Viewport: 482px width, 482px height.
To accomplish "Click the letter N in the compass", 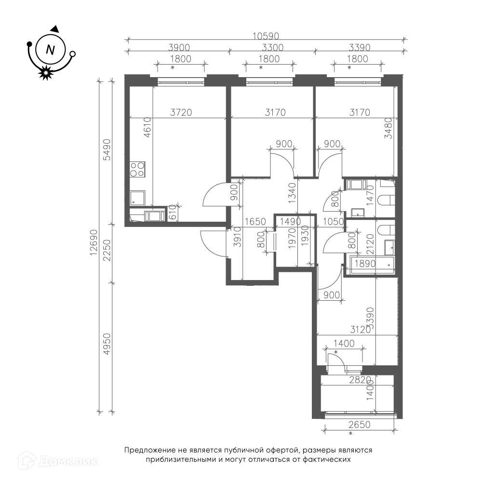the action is pos(50,50).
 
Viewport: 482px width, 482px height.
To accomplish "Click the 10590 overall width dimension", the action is pos(266,36).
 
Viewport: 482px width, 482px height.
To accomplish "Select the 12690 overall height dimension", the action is pos(94,242).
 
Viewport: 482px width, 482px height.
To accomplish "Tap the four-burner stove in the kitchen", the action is pos(137,169).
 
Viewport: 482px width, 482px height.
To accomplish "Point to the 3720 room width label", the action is pos(181,112).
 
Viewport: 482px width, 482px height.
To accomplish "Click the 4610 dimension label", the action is pos(147,127).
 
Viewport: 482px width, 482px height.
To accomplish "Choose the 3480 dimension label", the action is pos(388,128).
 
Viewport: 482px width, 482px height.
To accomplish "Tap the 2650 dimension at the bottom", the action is pos(360,425).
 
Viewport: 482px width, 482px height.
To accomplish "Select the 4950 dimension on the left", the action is pos(107,344).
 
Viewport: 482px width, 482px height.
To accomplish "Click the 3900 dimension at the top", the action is pos(179,48).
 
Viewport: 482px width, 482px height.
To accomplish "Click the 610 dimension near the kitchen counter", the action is pos(173,213).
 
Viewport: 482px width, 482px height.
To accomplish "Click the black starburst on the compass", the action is pos(45,73).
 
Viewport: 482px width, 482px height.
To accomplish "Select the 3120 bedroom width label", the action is pos(361,330).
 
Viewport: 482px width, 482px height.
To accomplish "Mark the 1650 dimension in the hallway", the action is pos(255,222).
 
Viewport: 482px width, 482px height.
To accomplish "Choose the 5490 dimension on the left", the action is pos(107,150).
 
